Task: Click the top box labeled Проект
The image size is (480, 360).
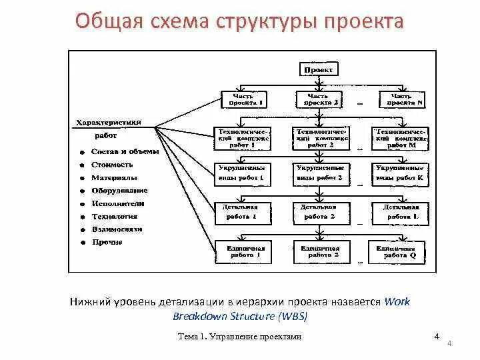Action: click(321, 69)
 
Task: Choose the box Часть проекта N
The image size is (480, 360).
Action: click(401, 99)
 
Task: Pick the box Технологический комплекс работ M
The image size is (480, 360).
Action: click(401, 137)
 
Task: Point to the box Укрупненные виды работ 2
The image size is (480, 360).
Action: click(321, 174)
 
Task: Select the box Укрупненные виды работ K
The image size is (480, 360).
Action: click(401, 174)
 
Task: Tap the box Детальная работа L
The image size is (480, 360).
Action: click(401, 212)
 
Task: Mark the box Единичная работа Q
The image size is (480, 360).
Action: click(401, 251)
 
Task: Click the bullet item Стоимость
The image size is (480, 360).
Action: click(112, 165)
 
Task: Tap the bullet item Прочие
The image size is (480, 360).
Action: click(107, 242)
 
